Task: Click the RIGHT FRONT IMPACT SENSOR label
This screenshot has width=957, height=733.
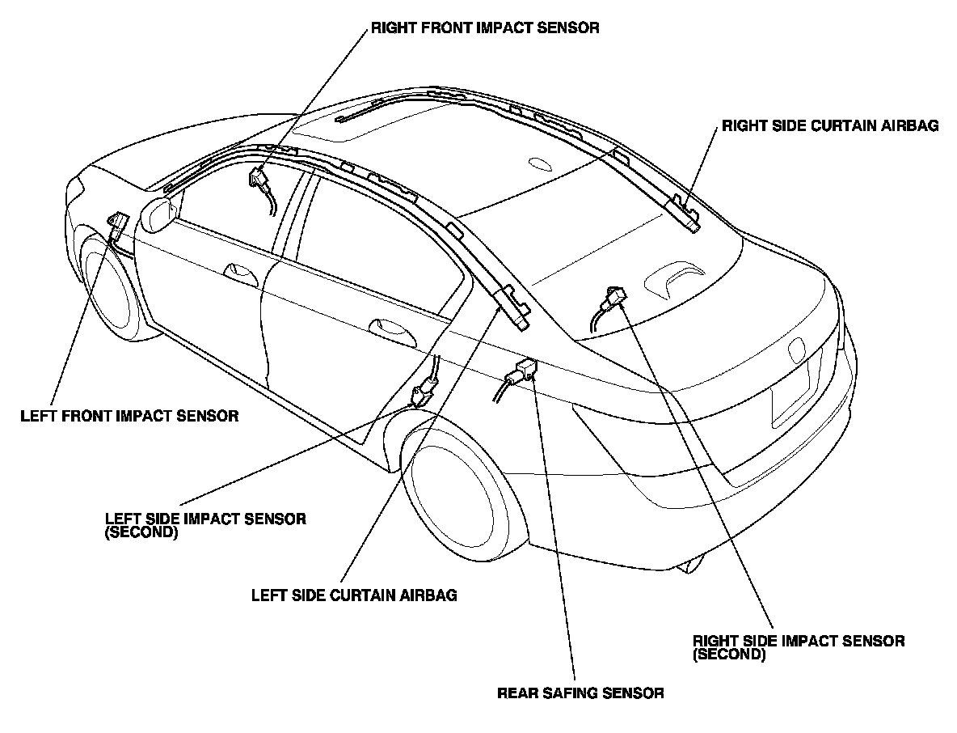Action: [484, 28]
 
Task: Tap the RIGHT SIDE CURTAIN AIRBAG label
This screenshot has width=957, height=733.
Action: [830, 126]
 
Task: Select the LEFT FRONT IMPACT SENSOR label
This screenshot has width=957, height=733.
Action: [129, 417]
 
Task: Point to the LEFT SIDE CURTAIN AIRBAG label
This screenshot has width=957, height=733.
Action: [354, 595]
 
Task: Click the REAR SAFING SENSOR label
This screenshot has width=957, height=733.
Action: [580, 693]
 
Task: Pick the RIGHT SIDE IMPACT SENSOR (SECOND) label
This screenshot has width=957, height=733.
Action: [799, 647]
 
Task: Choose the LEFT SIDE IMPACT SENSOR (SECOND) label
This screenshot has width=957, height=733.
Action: [205, 525]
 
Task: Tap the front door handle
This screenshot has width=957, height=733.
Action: [237, 272]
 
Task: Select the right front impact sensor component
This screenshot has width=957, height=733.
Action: [259, 178]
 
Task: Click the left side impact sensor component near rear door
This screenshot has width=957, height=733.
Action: [420, 395]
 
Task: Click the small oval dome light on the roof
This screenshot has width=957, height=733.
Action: [538, 163]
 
